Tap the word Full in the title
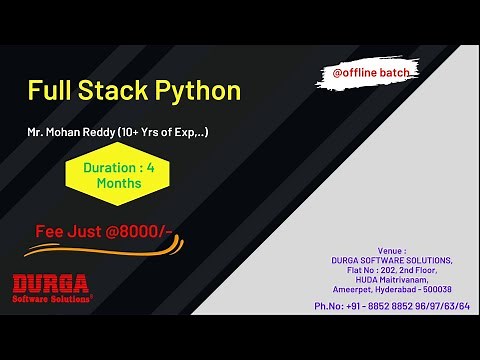[49, 91]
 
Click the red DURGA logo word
[51, 283]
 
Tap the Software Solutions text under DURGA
[51, 298]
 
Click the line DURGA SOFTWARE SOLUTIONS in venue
[392, 260]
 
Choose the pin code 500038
[436, 289]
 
